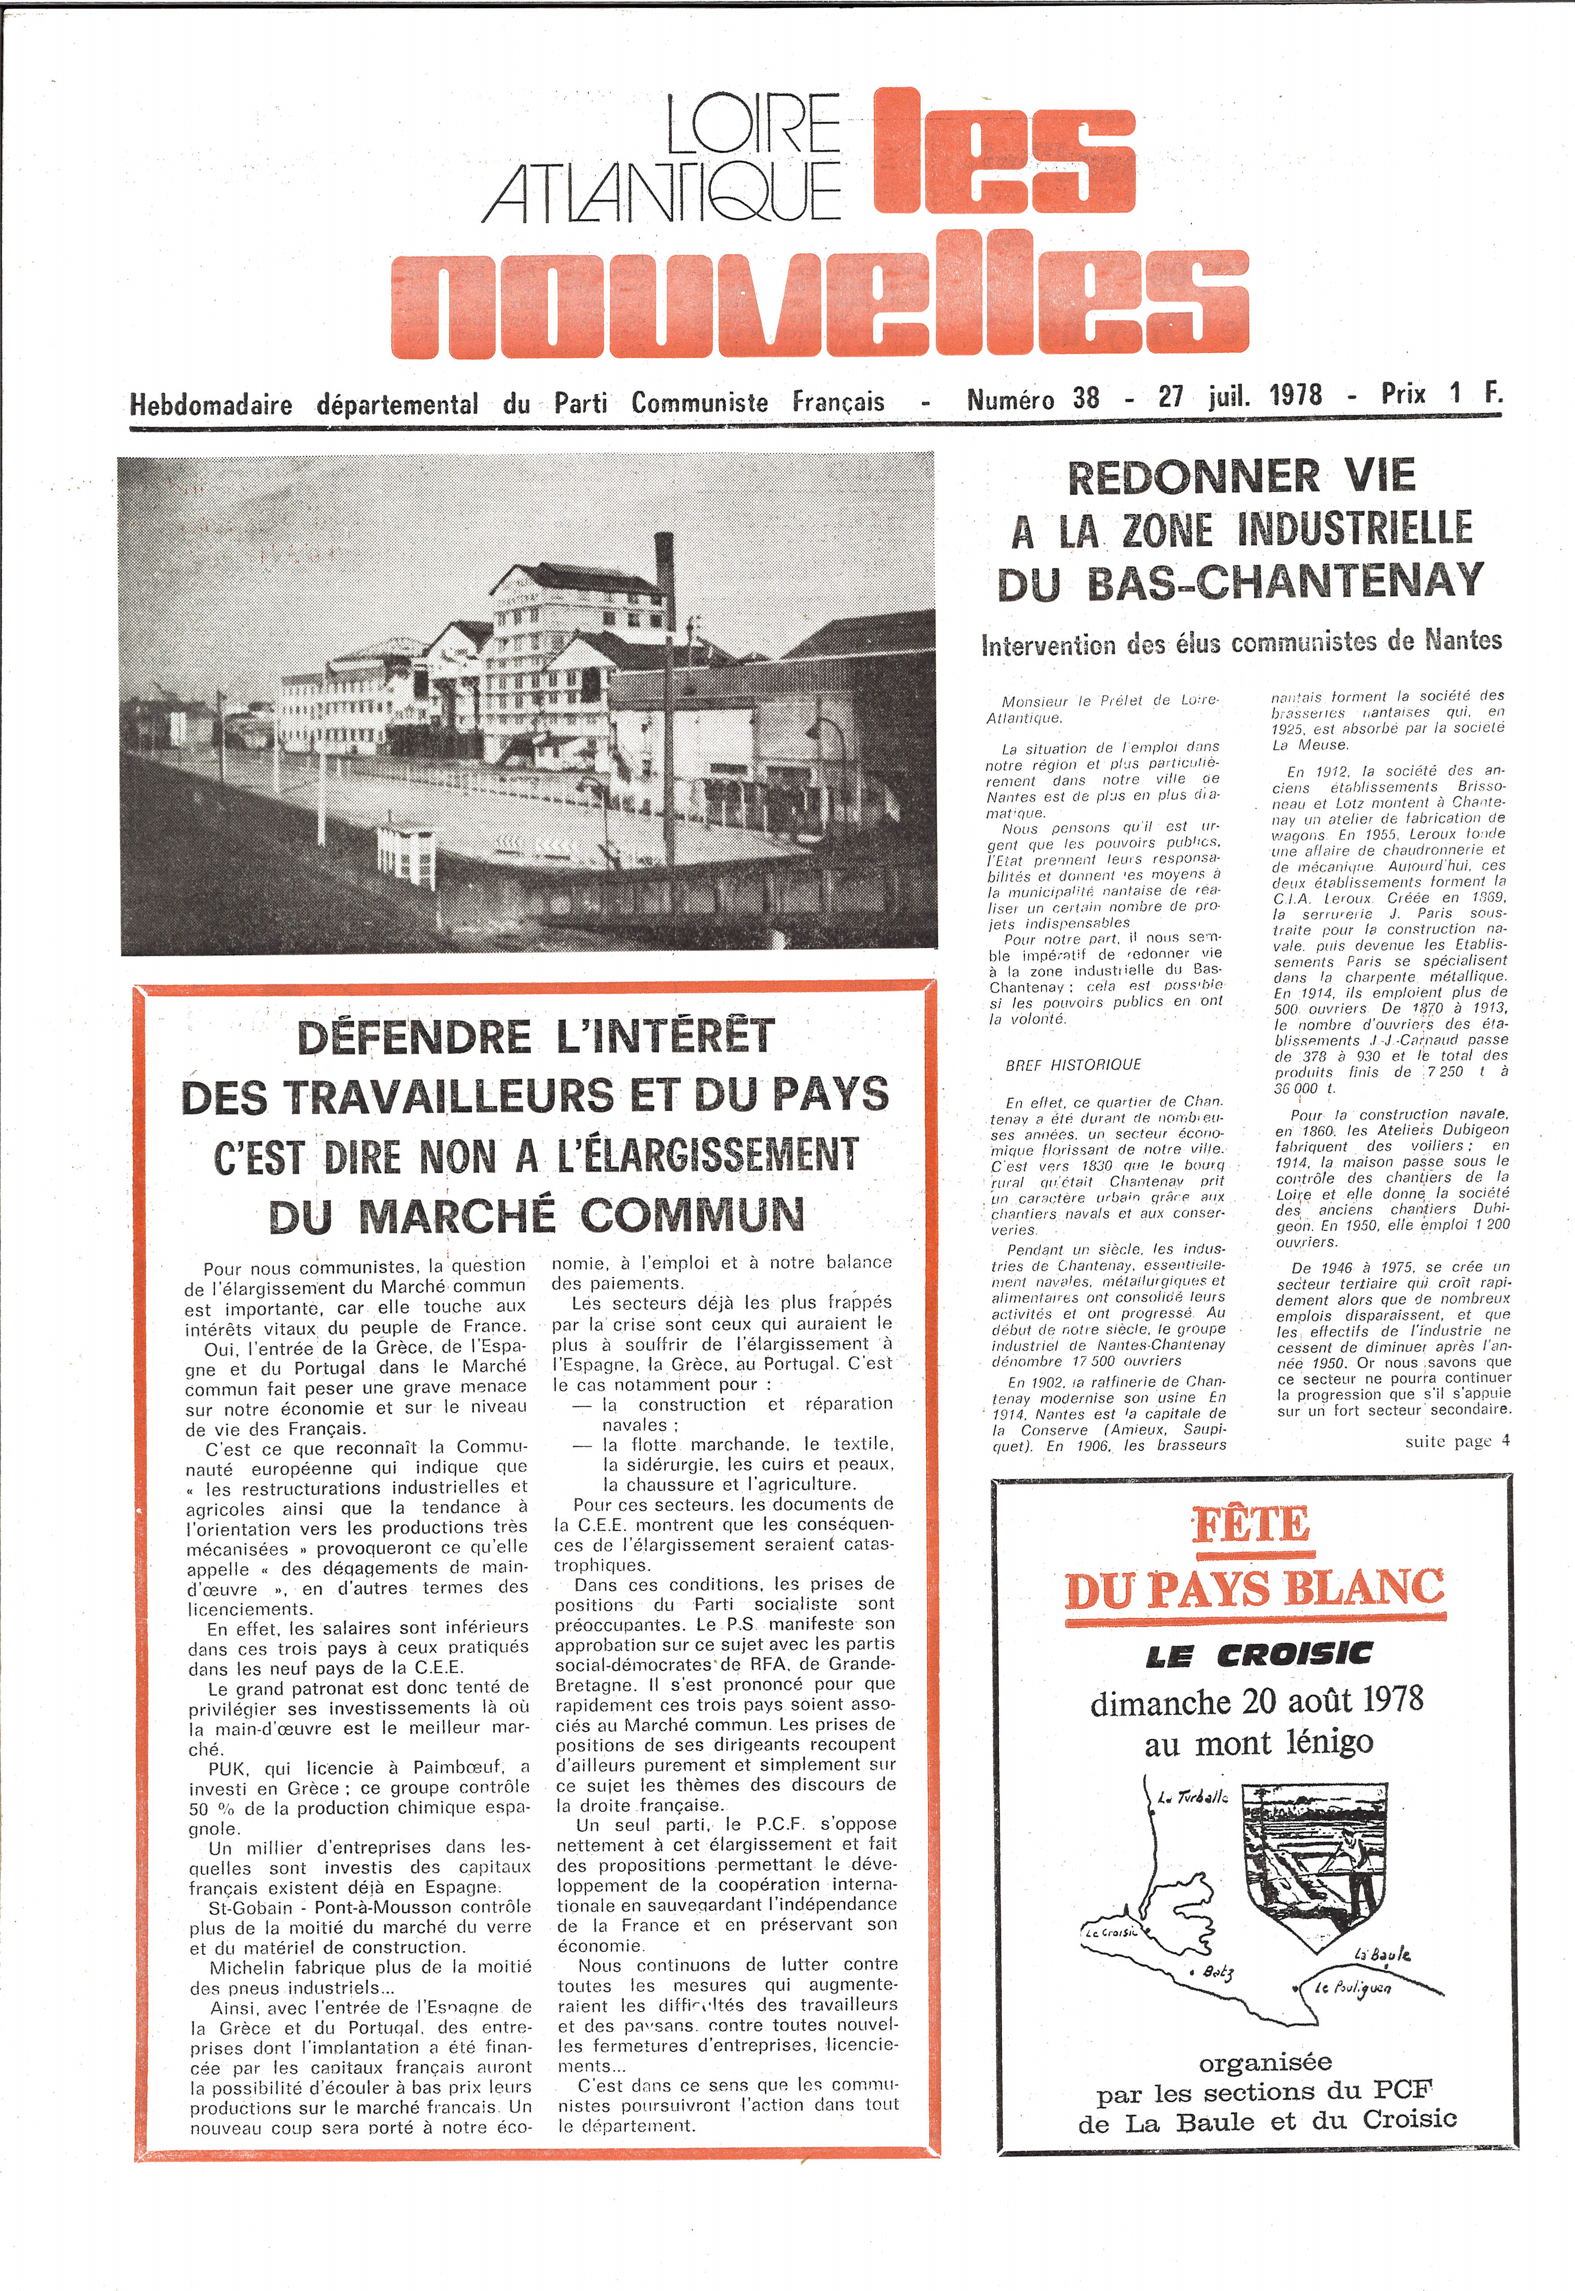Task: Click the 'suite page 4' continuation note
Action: click(x=1456, y=1441)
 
